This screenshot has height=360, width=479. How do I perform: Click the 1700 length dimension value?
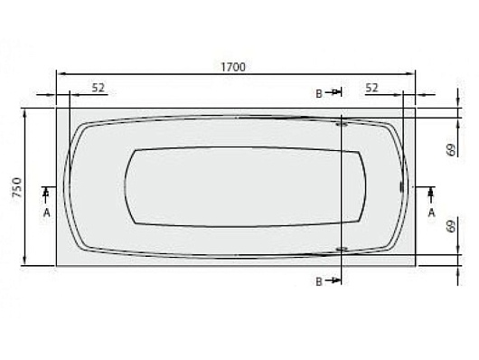coord(233,67)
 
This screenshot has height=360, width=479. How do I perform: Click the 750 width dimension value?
coord(17,187)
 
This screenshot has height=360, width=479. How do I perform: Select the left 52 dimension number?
coord(99,88)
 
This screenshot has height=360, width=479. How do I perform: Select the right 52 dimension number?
coord(371,88)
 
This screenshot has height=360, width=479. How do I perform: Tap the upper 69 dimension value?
coord(451,149)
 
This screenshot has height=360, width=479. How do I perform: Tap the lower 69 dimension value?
coord(451,227)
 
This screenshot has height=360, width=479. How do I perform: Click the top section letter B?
coord(319,93)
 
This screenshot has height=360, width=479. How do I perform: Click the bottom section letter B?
coord(319,281)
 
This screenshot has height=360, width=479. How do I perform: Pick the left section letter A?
coord(46,213)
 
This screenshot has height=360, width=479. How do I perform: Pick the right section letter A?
coord(431,213)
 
